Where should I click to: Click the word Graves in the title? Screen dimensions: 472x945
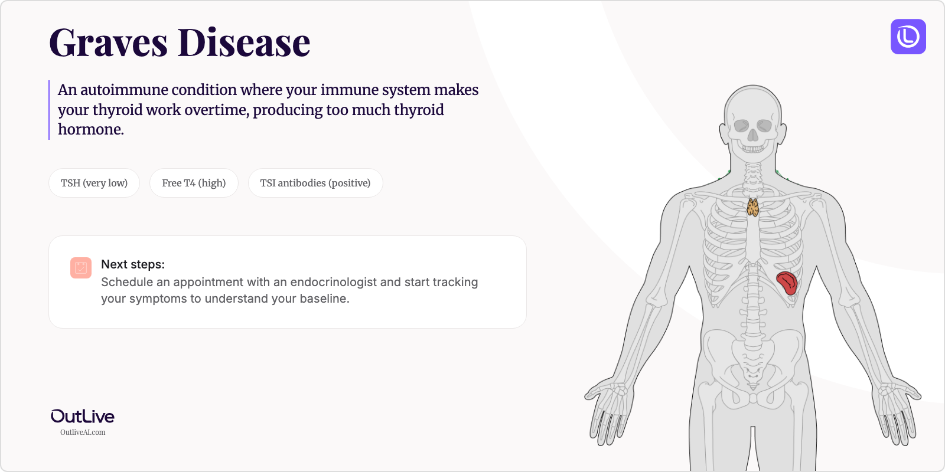[x=109, y=43]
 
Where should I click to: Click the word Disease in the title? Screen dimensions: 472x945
[x=243, y=43]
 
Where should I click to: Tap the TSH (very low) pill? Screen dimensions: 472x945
[x=94, y=183]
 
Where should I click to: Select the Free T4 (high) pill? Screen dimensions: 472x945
[x=194, y=183]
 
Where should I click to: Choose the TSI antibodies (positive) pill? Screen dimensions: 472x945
[x=315, y=183]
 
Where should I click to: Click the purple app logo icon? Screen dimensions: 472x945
[x=908, y=37]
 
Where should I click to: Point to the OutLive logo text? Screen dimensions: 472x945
[x=83, y=417]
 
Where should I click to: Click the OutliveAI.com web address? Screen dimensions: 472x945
[x=83, y=432]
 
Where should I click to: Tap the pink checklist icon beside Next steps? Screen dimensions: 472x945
[x=81, y=268]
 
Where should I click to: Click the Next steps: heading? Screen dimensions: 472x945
[x=133, y=264]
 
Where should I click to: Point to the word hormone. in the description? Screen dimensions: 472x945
[x=91, y=129]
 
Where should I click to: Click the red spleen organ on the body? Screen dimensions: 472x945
[x=787, y=283]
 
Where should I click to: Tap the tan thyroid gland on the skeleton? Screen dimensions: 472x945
[x=752, y=208]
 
